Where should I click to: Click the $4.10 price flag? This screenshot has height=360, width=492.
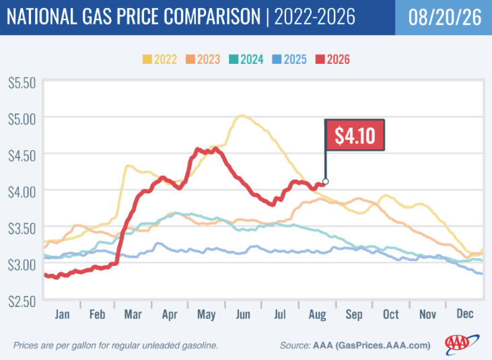tap(355, 135)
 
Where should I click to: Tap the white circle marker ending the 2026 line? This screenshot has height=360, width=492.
tap(325, 182)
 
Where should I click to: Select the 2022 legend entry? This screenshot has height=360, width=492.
tap(160, 59)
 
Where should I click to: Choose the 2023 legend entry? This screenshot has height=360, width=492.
tap(203, 59)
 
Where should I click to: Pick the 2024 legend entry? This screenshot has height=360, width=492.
tap(246, 59)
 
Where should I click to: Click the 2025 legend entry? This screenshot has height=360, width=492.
tap(289, 59)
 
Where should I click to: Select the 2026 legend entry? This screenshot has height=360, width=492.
tap(332, 59)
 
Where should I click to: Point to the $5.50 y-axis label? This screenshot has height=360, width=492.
tap(22, 83)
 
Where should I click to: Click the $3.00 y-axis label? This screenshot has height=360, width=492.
tap(22, 265)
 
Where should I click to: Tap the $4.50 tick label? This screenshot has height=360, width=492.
tap(22, 156)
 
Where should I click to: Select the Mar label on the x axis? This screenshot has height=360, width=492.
tap(133, 314)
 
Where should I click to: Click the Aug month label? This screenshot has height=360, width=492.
tap(317, 314)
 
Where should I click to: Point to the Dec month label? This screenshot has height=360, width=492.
tap(465, 314)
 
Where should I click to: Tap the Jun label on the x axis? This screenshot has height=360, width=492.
tap(243, 314)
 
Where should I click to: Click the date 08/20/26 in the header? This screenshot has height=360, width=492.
tap(445, 17)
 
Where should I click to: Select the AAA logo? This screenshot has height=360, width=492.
tap(462, 345)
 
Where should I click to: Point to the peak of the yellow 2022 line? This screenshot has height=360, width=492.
tap(242, 116)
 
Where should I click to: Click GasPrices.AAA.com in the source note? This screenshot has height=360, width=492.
tap(383, 346)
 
